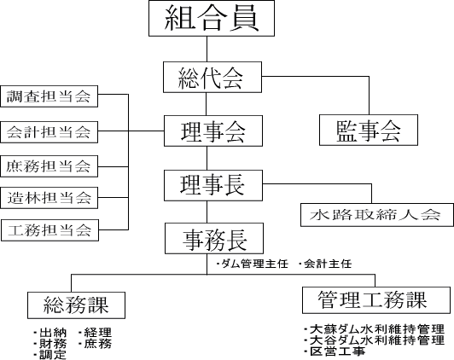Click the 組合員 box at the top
coord(212,18)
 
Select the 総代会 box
coord(212,77)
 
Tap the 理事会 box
coord(213,131)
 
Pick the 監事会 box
coord(369,130)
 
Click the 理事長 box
coord(213,185)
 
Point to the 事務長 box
coord(214,238)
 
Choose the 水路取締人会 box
coord(377,215)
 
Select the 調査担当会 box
coord(49,96)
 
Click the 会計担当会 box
coord(49,132)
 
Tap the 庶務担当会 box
coord(49,166)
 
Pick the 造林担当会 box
coord(49,198)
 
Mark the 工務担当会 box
coord(49,230)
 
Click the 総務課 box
coord(76,305)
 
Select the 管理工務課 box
coord(376,300)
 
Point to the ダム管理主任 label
coord(252,264)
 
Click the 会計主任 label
coord(325,264)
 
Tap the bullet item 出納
coord(49,333)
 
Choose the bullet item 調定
coord(49,355)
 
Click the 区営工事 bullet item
coord(335,351)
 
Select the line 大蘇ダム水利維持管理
coord(374,329)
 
